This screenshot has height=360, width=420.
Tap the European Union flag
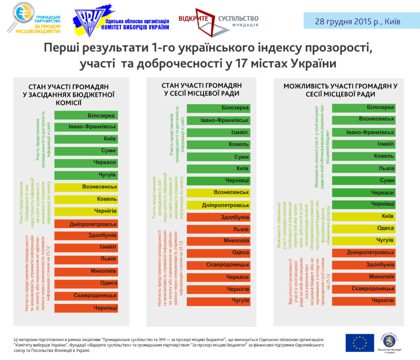(359, 342)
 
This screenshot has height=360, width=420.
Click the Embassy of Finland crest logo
(390, 340)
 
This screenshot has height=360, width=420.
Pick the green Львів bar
(363, 168)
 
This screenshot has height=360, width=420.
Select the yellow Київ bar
(363, 216)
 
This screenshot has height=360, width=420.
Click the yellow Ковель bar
(86, 199)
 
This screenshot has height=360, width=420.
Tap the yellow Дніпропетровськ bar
(218, 205)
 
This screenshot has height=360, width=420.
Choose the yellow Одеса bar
(363, 228)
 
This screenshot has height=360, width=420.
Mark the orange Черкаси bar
(218, 277)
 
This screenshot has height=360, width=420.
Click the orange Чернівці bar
(86, 307)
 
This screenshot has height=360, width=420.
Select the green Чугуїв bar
(86, 175)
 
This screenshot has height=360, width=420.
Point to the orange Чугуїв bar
(218, 301)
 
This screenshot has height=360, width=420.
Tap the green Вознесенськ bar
(363, 119)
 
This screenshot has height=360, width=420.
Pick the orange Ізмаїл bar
(86, 247)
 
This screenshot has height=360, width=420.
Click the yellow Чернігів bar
(86, 211)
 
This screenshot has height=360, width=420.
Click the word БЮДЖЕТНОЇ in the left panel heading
(92, 95)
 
